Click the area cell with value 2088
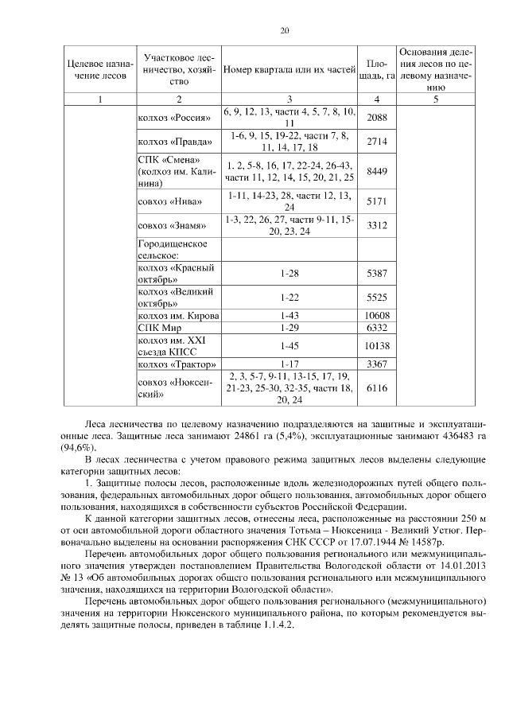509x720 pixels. (x=376, y=118)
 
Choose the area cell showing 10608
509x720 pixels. (x=376, y=316)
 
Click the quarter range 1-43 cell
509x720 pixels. (x=289, y=316)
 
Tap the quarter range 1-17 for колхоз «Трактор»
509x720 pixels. (x=289, y=365)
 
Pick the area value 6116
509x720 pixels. (x=376, y=387)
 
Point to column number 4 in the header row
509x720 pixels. (x=376, y=99)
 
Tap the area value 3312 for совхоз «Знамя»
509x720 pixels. (x=376, y=225)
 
